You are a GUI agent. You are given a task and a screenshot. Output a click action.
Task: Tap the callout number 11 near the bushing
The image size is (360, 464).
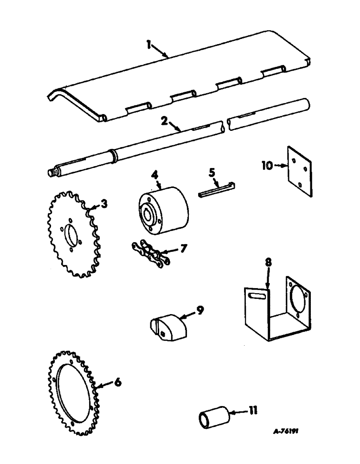coord(253,410)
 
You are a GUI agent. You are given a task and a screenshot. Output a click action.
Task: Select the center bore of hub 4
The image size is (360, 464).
coord(150,216)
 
